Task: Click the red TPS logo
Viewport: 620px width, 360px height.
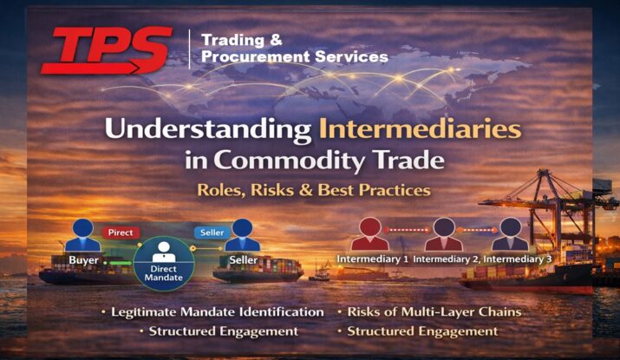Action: pyautogui.click(x=107, y=50)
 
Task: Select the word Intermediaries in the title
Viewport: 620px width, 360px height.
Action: pyautogui.click(x=420, y=129)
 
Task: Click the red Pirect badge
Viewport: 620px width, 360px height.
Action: pyautogui.click(x=121, y=232)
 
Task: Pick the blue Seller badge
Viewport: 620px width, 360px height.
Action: pyautogui.click(x=212, y=232)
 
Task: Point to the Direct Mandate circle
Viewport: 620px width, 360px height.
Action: pyautogui.click(x=164, y=264)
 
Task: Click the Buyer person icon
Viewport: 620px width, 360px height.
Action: pyautogui.click(x=82, y=235)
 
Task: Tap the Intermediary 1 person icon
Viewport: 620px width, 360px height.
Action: pyautogui.click(x=369, y=234)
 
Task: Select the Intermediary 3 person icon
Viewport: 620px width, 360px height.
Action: pyautogui.click(x=510, y=234)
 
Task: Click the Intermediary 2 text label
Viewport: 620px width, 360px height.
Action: pyautogui.click(x=447, y=259)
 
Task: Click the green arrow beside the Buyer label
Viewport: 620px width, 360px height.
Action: pyautogui.click(x=121, y=263)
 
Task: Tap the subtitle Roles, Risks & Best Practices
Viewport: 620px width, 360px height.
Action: pyautogui.click(x=314, y=190)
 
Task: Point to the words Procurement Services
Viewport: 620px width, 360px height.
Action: pyautogui.click(x=295, y=56)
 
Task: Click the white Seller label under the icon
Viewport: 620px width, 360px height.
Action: pyautogui.click(x=244, y=260)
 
